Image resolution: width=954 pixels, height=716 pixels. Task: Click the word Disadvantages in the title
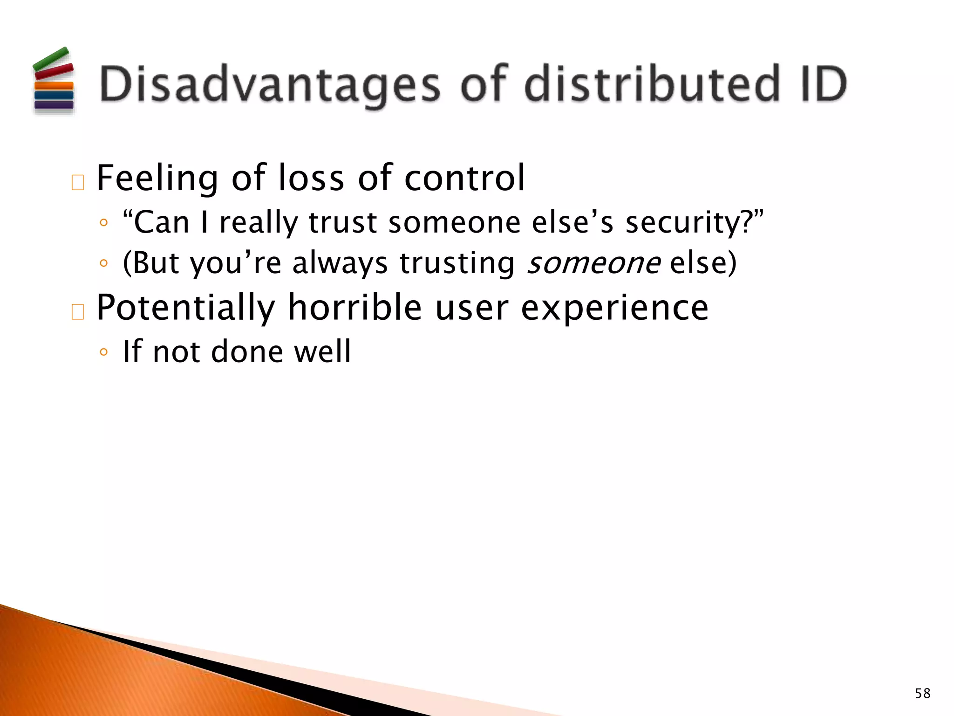pyautogui.click(x=269, y=84)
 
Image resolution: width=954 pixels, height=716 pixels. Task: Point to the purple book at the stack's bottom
pyautogui.click(x=54, y=105)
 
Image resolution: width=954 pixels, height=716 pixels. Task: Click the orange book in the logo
pyautogui.click(x=54, y=86)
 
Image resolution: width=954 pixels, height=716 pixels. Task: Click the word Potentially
pyautogui.click(x=185, y=308)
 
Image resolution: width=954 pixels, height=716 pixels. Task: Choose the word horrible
pyautogui.click(x=354, y=308)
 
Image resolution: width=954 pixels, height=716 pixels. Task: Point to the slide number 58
pyautogui.click(x=922, y=693)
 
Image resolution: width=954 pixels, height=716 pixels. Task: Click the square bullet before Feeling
pyautogui.click(x=78, y=183)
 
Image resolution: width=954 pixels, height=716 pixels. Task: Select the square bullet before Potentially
pyautogui.click(x=78, y=312)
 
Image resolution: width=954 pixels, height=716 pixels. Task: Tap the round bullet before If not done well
pyautogui.click(x=103, y=352)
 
